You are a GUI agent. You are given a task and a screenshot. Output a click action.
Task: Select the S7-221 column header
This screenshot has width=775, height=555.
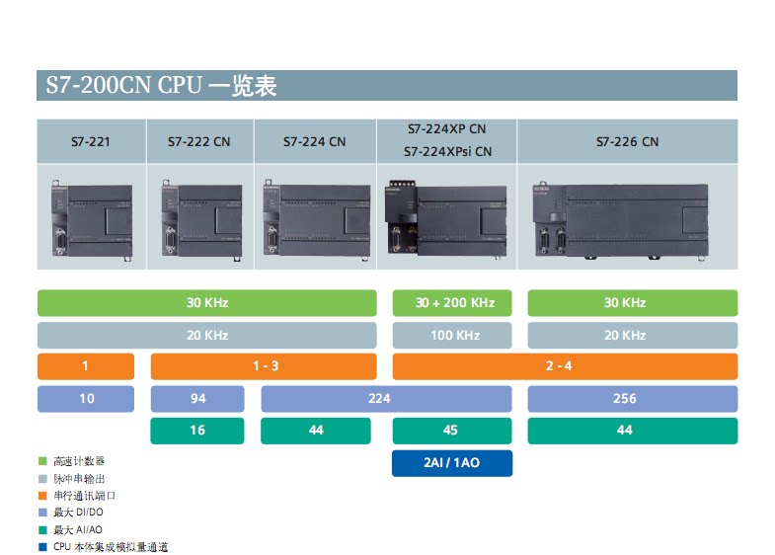[90, 142]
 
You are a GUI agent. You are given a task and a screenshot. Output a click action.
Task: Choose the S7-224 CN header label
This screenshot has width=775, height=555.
[314, 142]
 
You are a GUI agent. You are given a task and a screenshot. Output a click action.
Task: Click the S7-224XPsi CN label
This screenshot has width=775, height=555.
[446, 152]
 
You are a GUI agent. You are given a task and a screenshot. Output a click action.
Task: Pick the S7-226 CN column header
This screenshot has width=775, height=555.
[626, 142]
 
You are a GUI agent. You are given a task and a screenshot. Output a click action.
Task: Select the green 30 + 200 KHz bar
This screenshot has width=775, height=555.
[455, 303]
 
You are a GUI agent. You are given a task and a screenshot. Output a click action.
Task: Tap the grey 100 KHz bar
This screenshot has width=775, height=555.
[455, 336]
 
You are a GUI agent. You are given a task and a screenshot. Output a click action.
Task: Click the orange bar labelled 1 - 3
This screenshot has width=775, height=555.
[264, 366]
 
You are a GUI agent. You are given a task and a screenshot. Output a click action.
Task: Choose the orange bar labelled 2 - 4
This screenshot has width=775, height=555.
[565, 366]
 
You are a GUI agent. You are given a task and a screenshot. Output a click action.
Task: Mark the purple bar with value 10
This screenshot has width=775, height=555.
[86, 399]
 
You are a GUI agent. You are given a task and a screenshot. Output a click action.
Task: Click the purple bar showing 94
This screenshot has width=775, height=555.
[197, 399]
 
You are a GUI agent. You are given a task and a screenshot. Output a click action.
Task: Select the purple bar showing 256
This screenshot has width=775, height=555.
[632, 399]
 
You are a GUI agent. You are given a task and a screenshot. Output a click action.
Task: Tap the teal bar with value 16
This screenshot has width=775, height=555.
[197, 431]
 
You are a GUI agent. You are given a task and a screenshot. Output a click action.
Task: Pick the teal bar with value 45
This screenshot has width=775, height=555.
[451, 431]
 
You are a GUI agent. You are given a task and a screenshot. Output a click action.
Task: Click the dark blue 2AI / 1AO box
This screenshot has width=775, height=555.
[451, 463]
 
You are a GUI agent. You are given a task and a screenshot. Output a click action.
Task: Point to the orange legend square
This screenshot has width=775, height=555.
[42, 496]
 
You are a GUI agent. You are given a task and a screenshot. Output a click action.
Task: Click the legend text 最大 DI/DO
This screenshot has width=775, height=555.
[78, 513]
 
